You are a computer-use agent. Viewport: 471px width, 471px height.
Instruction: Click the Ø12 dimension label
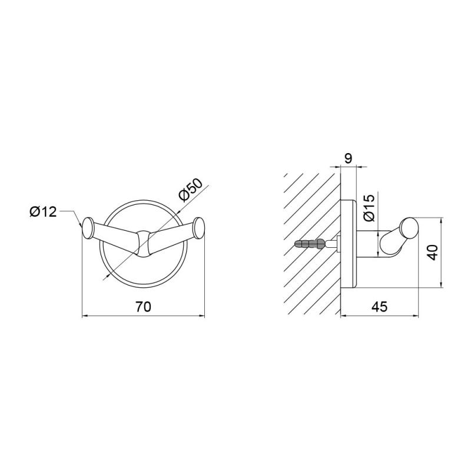pos(43,212)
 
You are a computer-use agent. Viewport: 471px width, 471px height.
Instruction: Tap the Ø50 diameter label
pos(191,190)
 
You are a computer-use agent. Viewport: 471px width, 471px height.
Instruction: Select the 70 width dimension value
pos(143,307)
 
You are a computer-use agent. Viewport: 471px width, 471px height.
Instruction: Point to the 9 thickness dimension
pos(348,158)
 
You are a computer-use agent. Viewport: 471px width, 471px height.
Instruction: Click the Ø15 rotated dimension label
pos(369,208)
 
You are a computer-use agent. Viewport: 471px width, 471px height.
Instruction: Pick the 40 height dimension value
pos(433,253)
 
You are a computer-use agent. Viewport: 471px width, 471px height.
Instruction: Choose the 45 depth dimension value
pos(380,307)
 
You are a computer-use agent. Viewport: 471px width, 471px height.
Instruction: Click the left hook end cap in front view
pos(88,228)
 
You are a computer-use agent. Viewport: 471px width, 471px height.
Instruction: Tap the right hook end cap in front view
pos(199,228)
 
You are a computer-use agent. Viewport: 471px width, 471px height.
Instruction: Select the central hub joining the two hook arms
pos(143,244)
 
